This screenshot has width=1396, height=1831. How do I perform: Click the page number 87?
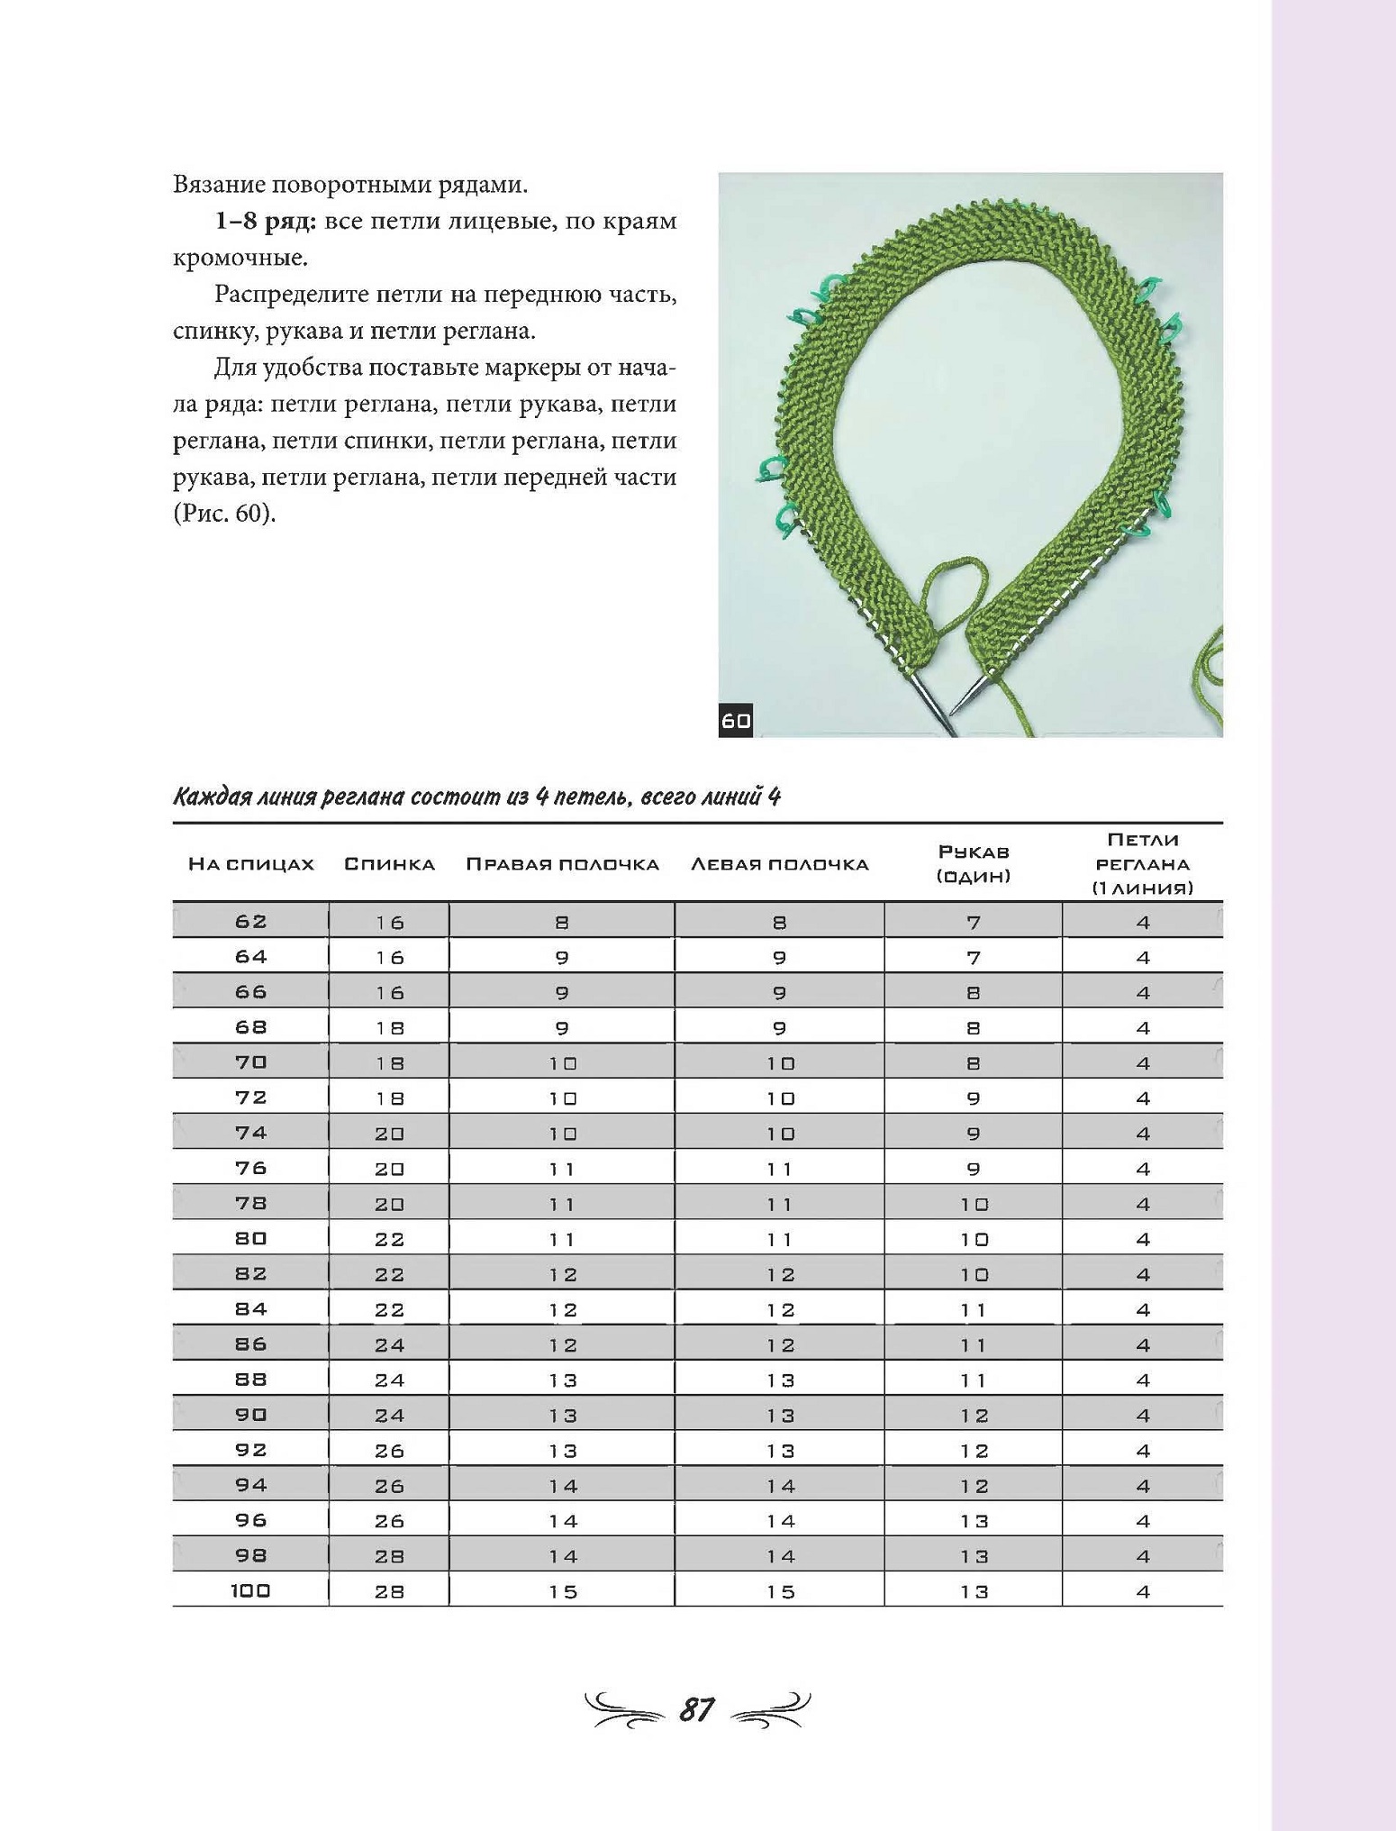pos(697,1708)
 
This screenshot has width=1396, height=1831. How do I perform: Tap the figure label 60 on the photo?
pos(736,720)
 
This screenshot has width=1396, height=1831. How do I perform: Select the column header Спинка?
pos(389,864)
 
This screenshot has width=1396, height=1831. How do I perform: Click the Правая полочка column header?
pos(562,864)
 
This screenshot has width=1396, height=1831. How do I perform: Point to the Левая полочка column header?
pos(779,864)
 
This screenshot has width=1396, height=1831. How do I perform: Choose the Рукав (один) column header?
pos(974,863)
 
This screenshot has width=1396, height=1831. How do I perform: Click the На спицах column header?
pos(250,864)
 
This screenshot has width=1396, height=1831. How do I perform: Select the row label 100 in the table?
pos(250,1590)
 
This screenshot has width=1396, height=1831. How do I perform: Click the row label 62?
pos(250,921)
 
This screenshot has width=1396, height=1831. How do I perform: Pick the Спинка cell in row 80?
pos(389,1239)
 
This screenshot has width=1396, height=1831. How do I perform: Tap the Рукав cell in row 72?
pos(974,1098)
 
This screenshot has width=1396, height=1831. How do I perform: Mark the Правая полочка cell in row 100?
pos(563,1591)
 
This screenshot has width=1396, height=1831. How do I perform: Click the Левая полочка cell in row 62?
pos(780,922)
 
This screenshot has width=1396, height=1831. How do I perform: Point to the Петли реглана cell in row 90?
pos(1143,1415)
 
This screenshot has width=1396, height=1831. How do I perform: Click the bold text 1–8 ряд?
pos(265,222)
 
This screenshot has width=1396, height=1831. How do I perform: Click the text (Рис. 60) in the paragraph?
pos(224,514)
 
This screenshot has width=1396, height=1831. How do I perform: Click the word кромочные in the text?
pos(239,259)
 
